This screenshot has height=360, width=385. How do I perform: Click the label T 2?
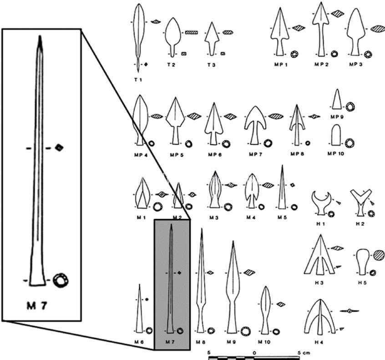tap(171, 65)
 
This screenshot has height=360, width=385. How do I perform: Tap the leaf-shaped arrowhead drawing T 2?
tap(173, 37)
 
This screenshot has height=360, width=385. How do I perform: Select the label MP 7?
tap(256, 154)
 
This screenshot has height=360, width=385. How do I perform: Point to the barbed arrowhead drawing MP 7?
tap(255, 125)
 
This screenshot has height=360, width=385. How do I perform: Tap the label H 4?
tap(319, 342)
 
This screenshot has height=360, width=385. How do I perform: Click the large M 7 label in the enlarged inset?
tap(37, 305)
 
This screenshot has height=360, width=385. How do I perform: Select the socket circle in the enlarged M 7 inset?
tap(61, 280)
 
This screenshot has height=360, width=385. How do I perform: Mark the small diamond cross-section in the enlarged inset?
tap(59, 147)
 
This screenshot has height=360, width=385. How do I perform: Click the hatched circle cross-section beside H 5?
tap(379, 255)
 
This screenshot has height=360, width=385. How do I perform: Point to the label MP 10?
tap(336, 154)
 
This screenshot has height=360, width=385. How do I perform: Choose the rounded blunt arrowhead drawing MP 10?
tap(336, 135)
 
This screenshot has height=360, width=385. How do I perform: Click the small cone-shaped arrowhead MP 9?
tap(337, 99)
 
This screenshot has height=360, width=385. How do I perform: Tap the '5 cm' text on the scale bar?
tap(304, 353)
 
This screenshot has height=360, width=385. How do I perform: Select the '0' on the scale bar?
tap(254, 353)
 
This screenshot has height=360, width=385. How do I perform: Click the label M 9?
tap(231, 342)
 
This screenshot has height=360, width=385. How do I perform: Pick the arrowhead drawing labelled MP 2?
tap(321, 29)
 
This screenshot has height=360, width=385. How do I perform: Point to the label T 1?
tap(138, 80)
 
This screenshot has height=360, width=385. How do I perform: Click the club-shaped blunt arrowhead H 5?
tap(363, 262)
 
